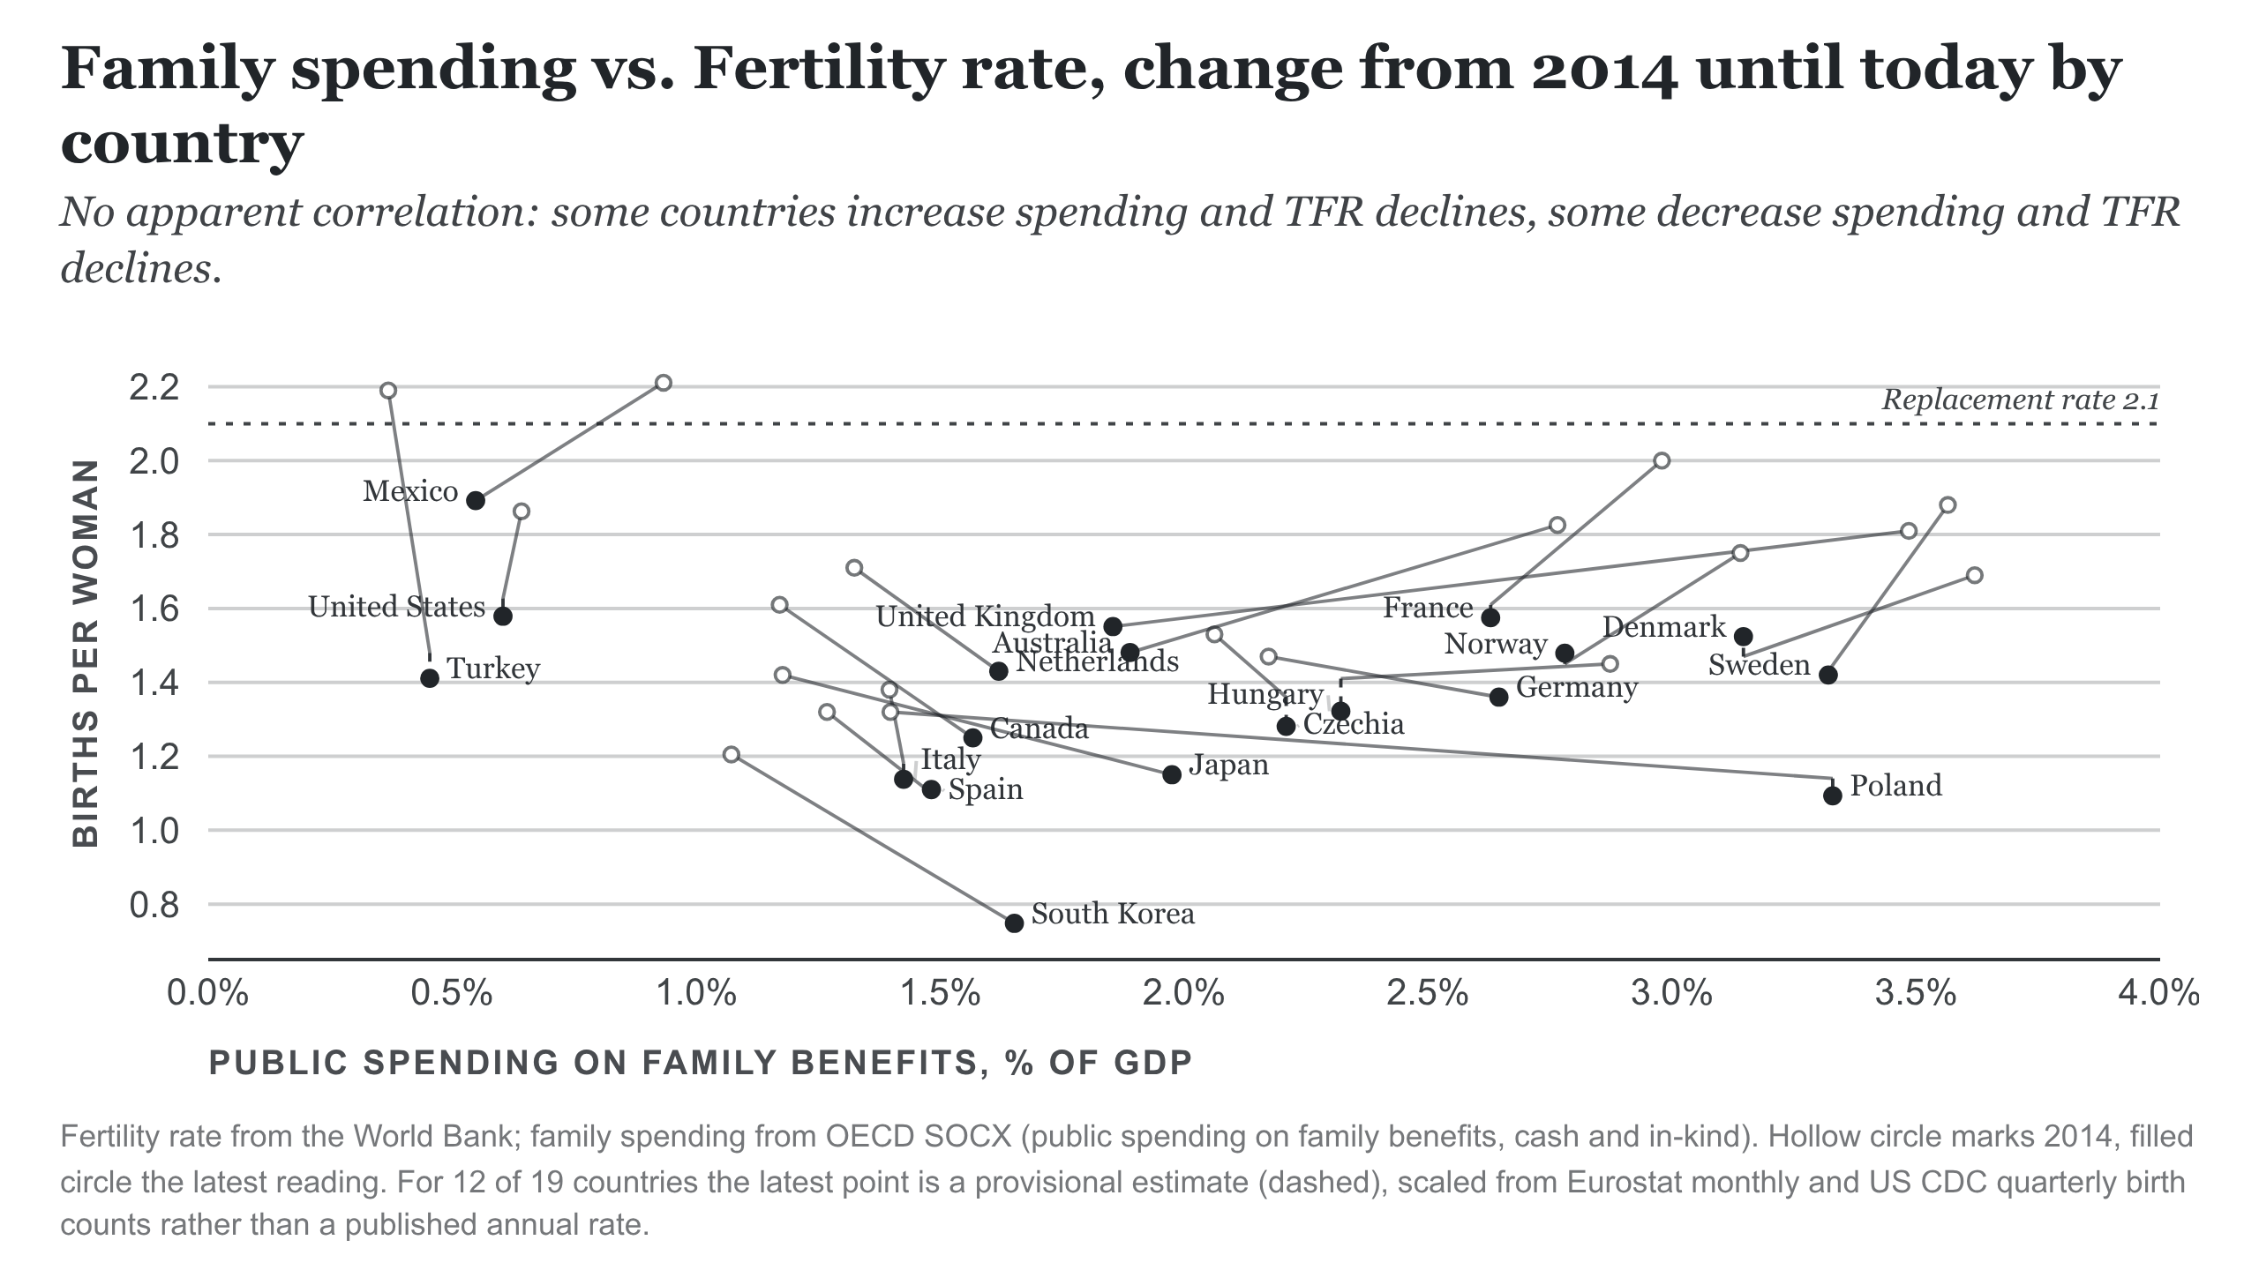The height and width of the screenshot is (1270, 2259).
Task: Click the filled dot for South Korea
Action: (x=1014, y=923)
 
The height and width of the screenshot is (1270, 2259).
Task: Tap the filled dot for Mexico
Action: (x=476, y=500)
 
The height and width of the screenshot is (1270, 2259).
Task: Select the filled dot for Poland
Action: (x=1833, y=796)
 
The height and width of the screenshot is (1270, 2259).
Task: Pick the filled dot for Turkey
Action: (x=430, y=678)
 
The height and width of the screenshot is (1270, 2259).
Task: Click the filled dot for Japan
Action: (x=1172, y=774)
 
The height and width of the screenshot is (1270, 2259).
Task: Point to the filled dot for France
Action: (x=1490, y=617)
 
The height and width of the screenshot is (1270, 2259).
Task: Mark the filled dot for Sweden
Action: (x=1828, y=675)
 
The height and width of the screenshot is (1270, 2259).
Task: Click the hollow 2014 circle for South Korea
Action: (x=731, y=755)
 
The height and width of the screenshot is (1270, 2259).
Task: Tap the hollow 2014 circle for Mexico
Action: (x=664, y=383)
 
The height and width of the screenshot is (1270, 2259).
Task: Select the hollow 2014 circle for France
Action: (x=1662, y=460)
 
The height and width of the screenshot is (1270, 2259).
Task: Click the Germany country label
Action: (x=1577, y=687)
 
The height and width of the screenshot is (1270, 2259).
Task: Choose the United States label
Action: (x=397, y=607)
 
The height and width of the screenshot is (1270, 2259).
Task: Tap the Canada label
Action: (x=1039, y=728)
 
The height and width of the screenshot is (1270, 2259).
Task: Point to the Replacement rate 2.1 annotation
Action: (x=2021, y=400)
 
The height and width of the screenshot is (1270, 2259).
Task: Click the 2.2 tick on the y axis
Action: (x=154, y=387)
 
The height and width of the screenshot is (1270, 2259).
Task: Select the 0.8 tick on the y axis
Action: (x=154, y=905)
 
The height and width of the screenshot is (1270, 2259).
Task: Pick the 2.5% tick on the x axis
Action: (x=1427, y=994)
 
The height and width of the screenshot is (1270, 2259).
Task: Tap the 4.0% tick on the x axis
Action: (x=2159, y=994)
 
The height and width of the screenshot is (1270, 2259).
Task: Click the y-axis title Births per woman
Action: (x=86, y=654)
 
